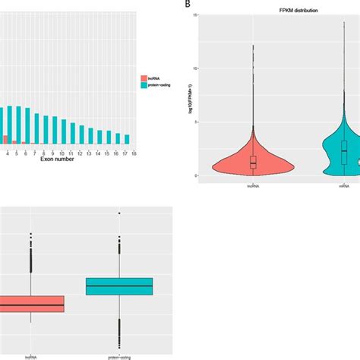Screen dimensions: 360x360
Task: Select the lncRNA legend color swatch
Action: click(144, 77)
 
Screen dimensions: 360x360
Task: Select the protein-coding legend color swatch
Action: click(144, 86)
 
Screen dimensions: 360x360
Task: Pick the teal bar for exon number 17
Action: click(127, 139)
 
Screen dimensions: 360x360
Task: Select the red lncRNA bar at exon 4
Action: click(8, 140)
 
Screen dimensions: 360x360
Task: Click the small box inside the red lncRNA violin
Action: click(253, 162)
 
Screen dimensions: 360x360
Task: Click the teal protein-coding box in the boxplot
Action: click(119, 286)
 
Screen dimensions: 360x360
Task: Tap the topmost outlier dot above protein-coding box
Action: click(119, 213)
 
